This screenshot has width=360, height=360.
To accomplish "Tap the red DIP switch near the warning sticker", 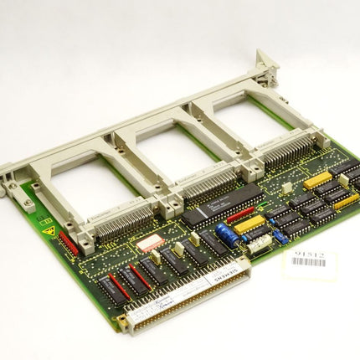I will pos(69,244).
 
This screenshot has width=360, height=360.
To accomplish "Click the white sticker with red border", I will pos(151,243).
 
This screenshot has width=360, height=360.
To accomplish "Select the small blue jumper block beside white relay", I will pos(281,237).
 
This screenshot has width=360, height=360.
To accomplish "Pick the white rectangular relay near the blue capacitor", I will pos(260,242).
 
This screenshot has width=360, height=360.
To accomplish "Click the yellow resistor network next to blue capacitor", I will pos(249,224).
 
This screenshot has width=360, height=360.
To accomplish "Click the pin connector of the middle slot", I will pos(205,186).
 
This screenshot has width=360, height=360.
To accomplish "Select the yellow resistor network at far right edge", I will pos(347,201).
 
